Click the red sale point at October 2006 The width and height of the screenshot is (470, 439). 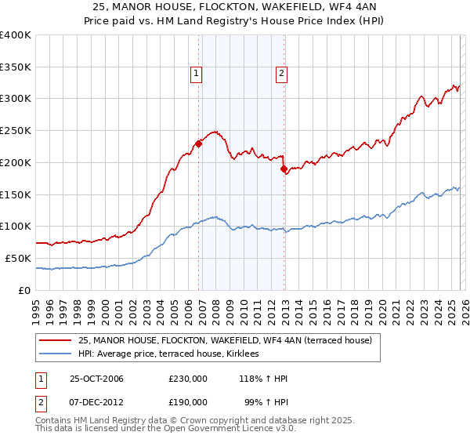click(x=198, y=143)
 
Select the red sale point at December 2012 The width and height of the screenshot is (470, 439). click(x=284, y=169)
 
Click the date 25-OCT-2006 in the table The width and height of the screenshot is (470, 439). click(x=96, y=379)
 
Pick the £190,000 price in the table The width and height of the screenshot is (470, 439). click(x=188, y=401)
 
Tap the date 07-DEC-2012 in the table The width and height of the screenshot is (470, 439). click(x=96, y=401)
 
